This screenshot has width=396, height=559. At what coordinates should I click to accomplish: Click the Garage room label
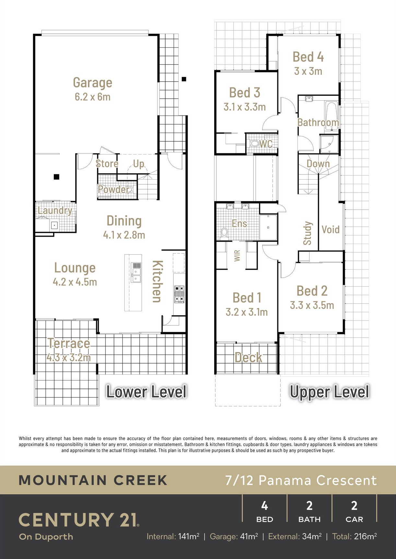click(x=93, y=82)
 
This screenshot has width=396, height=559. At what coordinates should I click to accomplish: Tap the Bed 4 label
click(x=308, y=57)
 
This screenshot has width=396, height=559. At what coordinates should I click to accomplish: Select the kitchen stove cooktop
click(x=179, y=294)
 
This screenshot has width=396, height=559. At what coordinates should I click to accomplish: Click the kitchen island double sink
click(x=136, y=273)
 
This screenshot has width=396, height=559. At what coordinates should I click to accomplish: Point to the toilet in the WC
click(x=254, y=143)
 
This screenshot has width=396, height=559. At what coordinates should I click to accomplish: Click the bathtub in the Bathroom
click(x=332, y=116)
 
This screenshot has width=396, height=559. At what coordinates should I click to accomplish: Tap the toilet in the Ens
click(x=224, y=234)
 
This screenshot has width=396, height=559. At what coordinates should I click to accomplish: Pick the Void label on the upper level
click(x=331, y=229)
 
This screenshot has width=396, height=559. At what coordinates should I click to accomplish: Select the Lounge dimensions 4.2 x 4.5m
click(x=75, y=282)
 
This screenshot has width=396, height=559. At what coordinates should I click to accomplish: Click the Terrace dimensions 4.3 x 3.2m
click(x=69, y=357)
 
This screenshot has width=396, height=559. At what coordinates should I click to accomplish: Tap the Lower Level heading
click(x=147, y=392)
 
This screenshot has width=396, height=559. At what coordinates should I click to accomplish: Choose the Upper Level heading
click(x=330, y=392)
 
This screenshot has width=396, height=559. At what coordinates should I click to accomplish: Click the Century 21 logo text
click(x=79, y=520)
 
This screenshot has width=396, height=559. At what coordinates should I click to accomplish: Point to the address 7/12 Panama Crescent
click(x=301, y=480)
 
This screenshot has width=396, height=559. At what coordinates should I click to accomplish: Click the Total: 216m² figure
click(x=355, y=536)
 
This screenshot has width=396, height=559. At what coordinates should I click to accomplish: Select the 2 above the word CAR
click(x=354, y=506)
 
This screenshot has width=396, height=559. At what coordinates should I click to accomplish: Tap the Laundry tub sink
click(x=54, y=225)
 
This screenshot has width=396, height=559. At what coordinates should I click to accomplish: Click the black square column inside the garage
click(x=56, y=177)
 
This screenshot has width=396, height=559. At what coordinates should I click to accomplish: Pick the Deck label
click(x=248, y=357)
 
